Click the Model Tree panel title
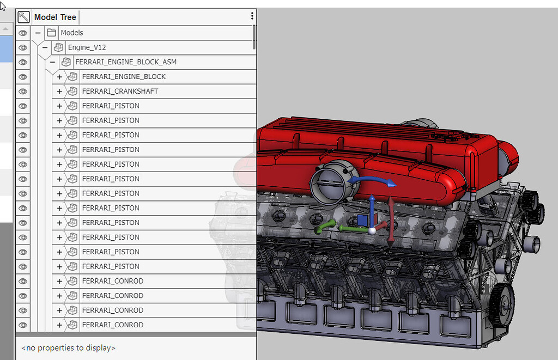click(x=55, y=17)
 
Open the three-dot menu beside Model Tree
click(x=252, y=16)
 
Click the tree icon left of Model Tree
click(x=23, y=17)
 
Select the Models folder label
click(x=71, y=33)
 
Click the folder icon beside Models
click(x=51, y=33)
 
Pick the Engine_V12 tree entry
click(x=87, y=47)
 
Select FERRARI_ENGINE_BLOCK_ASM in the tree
click(x=125, y=62)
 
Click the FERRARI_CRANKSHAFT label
click(x=120, y=91)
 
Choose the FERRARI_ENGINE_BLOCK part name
click(x=124, y=77)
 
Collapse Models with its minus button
click(x=38, y=33)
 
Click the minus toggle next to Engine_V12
click(x=45, y=47)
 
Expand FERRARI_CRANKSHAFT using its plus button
click(x=59, y=91)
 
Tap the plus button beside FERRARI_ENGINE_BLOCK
click(x=59, y=77)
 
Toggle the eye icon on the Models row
click(x=23, y=33)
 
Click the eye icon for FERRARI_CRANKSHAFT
click(x=23, y=91)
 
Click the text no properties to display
click(x=68, y=347)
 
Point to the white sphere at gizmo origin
click(x=372, y=230)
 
